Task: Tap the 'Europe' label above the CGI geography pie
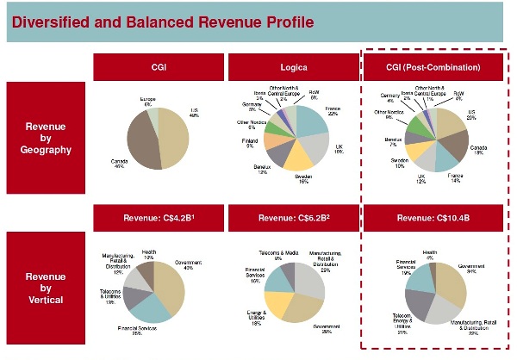147,101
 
